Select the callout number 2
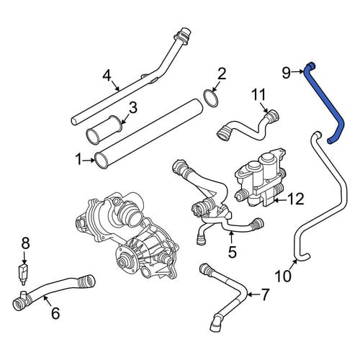[222, 73]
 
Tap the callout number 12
[295, 199]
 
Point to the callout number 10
[283, 276]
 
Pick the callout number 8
[25, 243]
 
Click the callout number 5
[232, 252]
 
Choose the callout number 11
[258, 94]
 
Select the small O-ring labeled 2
[211, 98]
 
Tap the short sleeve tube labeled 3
[105, 130]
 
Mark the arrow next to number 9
[299, 71]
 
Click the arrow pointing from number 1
[89, 160]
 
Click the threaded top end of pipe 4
[183, 36]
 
